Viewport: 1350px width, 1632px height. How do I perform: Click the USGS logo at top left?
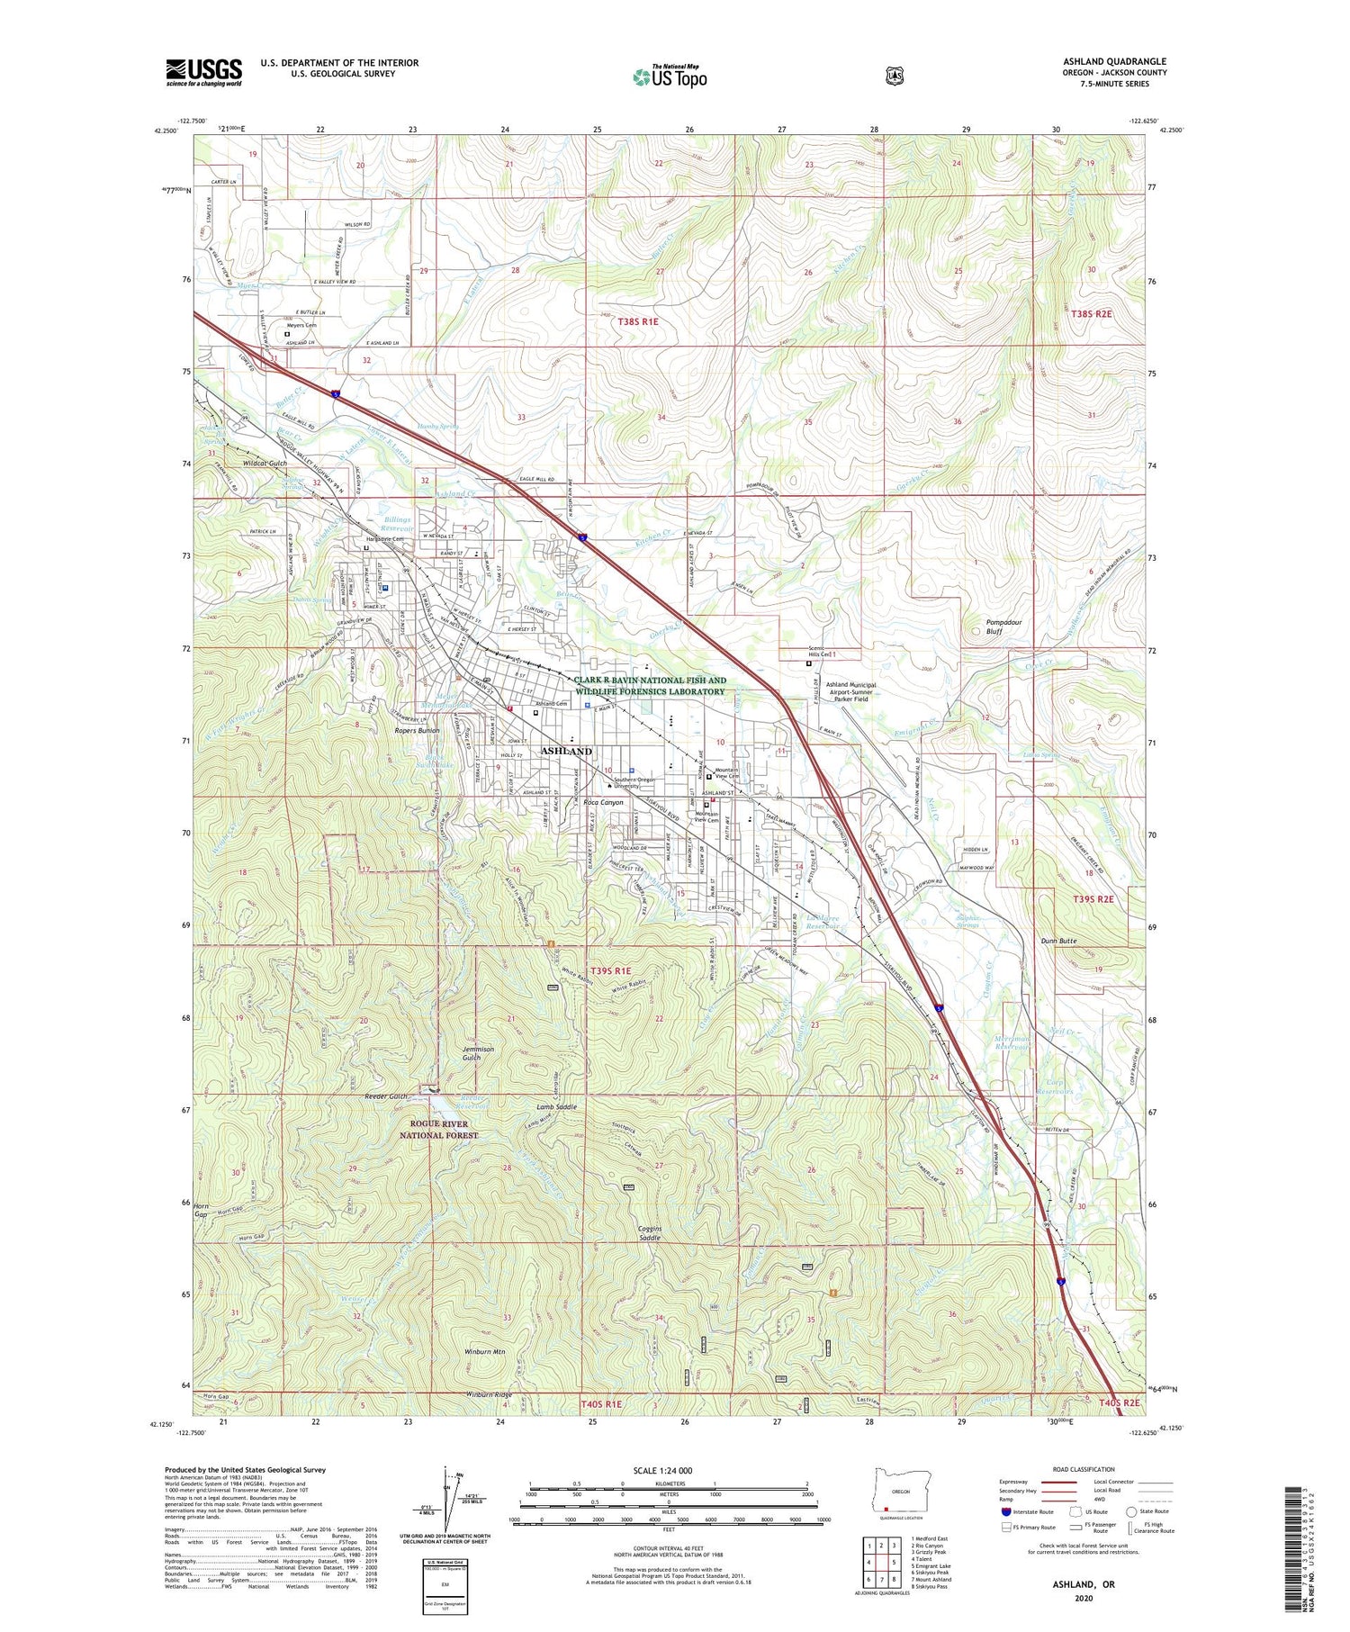pos(203,72)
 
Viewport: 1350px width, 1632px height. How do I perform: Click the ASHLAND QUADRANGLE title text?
pos(1114,62)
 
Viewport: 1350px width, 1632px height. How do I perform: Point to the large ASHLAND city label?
pos(566,751)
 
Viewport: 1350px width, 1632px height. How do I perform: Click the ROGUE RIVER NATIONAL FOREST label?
pos(439,1129)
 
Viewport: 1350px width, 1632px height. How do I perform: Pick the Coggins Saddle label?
pos(638,1233)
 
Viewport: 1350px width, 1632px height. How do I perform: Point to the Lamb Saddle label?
pos(556,1106)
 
